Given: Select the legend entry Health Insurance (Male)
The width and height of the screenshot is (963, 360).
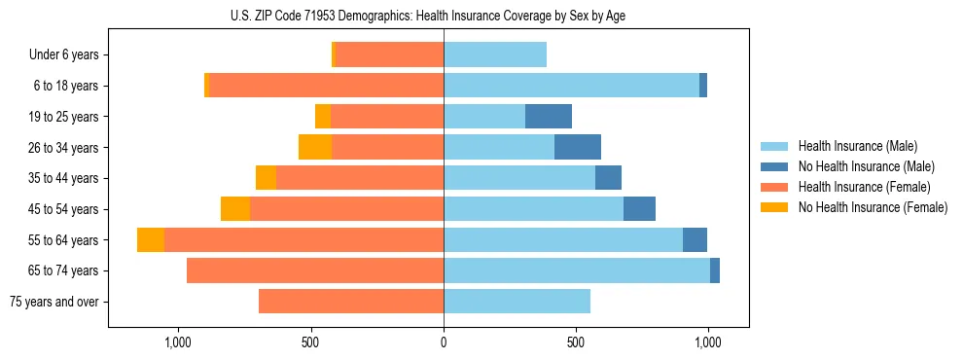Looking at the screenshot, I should click(856, 146).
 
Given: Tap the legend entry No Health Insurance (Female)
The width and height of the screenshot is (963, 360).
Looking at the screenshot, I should click(872, 207).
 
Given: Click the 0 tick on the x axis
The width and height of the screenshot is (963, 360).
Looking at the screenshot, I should click(444, 342).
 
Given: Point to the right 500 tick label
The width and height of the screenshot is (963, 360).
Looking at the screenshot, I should click(576, 342).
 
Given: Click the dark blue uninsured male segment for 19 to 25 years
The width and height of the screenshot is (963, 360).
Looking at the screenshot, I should click(549, 117).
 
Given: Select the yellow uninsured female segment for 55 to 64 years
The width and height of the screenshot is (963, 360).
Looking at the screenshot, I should click(151, 240).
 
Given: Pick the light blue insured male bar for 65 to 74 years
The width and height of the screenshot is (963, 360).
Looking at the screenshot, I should click(577, 270).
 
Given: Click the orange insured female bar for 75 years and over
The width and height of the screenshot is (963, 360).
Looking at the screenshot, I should click(351, 302).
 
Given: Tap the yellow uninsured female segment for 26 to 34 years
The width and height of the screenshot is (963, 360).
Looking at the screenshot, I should click(315, 147).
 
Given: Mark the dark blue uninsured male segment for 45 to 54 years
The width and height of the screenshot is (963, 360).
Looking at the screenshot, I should click(639, 209).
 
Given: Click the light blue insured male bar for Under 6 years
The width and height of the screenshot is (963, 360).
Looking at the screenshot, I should click(495, 55).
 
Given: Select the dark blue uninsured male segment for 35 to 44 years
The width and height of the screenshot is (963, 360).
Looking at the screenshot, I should click(608, 178).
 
